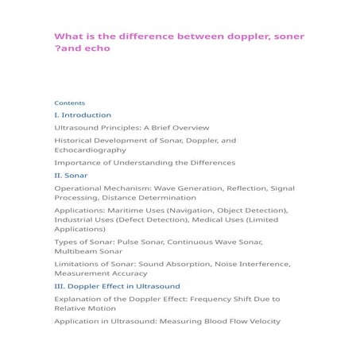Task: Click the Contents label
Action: pyautogui.click(x=69, y=103)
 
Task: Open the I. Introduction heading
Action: pyautogui.click(x=83, y=115)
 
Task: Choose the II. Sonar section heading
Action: pyautogui.click(x=71, y=175)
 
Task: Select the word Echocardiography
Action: pyautogui.click(x=90, y=149)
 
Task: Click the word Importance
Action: pyautogui.click(x=77, y=162)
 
